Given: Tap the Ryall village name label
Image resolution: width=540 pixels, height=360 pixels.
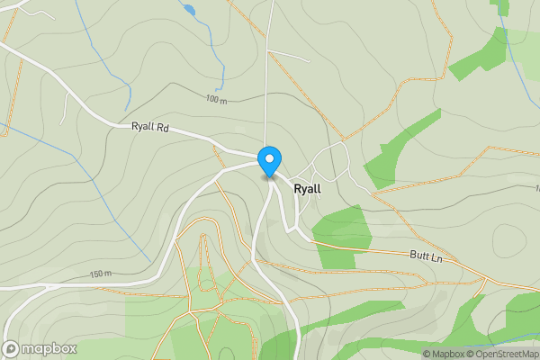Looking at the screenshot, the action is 307,190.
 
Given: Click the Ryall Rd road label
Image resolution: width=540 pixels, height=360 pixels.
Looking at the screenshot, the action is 150,128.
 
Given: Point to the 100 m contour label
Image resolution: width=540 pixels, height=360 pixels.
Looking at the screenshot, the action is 216,99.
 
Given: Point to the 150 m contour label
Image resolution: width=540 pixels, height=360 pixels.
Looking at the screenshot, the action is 101,274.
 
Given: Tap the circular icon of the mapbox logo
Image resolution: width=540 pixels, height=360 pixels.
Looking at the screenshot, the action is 12,348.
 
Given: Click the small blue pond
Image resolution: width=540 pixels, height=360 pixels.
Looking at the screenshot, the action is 188,10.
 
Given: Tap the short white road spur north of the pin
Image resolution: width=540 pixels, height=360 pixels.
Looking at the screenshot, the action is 288,55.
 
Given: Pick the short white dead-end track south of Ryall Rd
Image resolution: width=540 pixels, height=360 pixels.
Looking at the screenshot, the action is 66,106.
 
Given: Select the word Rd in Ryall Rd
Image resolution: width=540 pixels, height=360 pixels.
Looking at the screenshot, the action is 162,128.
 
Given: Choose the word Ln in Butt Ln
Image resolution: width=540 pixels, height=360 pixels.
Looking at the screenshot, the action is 437,258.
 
